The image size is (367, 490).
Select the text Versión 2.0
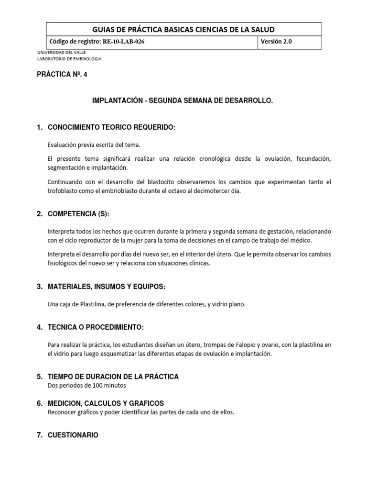pos(276,42)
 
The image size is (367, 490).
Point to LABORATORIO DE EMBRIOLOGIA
pos(69,59)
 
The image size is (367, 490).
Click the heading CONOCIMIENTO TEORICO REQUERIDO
pos(112,128)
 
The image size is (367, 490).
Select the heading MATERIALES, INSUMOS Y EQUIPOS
pos(107,287)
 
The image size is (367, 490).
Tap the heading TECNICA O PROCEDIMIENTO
pos(96,327)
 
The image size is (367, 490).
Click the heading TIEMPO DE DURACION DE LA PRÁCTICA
pos(113,377)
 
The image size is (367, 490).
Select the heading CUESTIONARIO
pos(73,435)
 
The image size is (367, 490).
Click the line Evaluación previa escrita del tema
pos(94,145)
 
